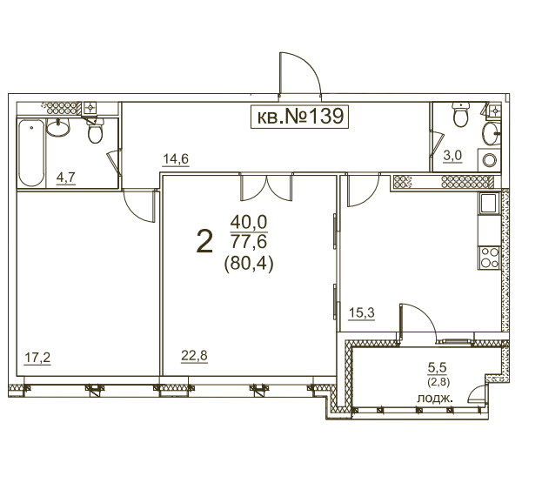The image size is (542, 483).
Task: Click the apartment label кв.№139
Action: pos(299,117)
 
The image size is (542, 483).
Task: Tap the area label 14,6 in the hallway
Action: pos(176,159)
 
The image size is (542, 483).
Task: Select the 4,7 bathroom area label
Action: pos(65,178)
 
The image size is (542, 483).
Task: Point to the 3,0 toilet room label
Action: pos(452,156)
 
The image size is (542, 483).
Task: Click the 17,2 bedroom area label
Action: pos(37,358)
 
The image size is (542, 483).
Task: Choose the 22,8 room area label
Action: pos(194,355)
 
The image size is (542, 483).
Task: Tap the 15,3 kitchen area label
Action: pos(362,313)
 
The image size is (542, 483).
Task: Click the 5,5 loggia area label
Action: pos(438,368)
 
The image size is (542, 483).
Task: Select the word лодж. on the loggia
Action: pos(435,399)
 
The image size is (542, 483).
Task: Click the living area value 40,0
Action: pos(249,222)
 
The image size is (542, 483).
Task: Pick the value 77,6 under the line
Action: pos(249,241)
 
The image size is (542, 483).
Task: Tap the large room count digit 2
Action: pos(204,242)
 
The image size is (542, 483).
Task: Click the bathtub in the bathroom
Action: pos(31,152)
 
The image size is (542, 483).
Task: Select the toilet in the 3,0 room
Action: pos(461,115)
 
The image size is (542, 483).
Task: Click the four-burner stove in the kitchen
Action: pos(489,258)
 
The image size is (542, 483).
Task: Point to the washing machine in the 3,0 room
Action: pos(489,160)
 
